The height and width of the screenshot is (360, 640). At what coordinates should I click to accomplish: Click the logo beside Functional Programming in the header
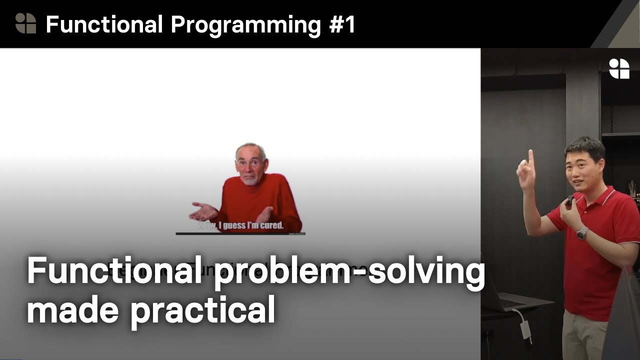25,23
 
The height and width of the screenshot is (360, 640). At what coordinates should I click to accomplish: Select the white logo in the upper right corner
619,68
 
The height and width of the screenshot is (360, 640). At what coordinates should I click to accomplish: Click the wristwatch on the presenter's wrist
582,233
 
